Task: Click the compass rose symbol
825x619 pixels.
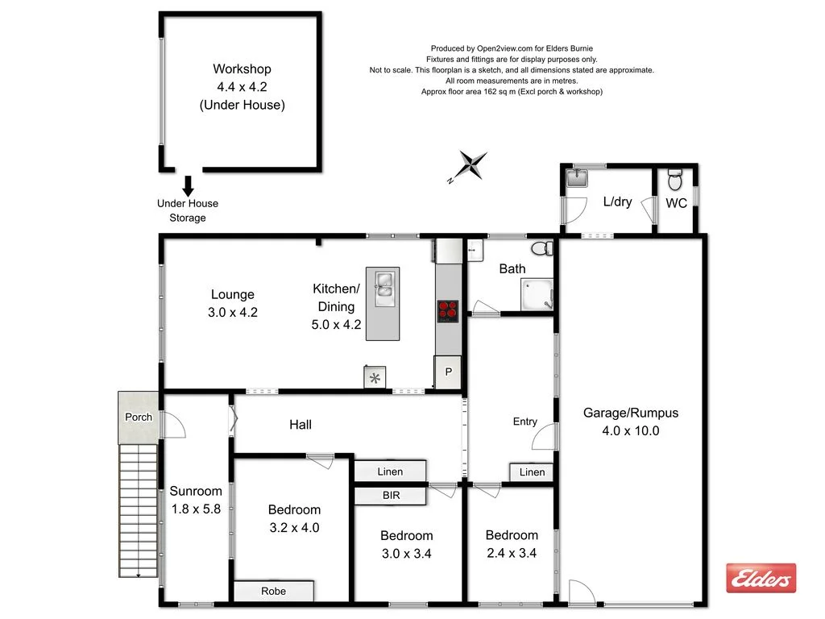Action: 470,164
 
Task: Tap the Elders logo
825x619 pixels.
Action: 761,578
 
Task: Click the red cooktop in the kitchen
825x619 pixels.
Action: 448,310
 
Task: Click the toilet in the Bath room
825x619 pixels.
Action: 542,248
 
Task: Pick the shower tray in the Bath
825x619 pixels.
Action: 536,294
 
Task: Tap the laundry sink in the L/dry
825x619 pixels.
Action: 578,177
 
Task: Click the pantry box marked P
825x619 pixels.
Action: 448,372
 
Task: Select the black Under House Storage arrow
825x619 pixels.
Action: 188,186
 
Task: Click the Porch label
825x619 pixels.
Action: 139,417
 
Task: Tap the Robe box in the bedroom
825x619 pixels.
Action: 273,591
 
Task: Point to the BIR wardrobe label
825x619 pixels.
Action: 392,495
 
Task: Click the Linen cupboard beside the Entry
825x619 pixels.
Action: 532,472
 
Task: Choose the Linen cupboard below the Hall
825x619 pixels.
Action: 391,471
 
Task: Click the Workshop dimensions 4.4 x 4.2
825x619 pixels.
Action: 242,87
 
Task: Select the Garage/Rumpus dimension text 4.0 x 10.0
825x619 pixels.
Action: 631,430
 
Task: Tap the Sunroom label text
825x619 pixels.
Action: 196,491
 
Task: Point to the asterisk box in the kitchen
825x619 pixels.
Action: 375,377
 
